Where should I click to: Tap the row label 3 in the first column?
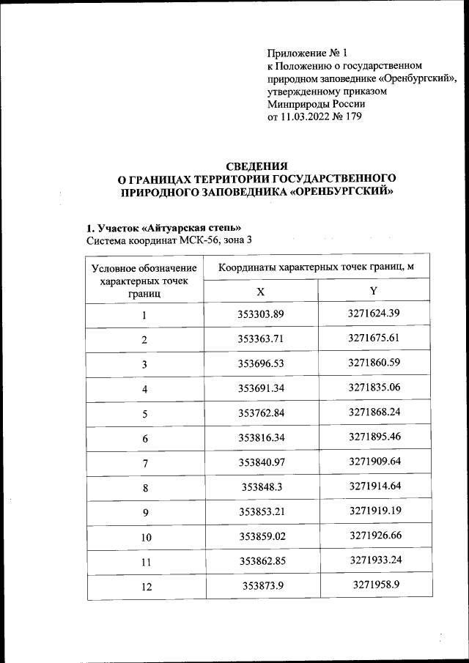coord(144,364)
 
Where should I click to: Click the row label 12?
coord(144,587)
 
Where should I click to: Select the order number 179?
coord(352,116)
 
